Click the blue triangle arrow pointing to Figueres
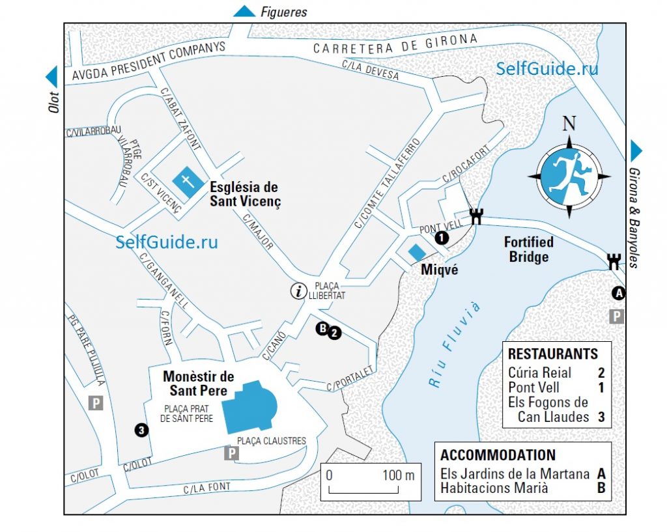pos(245,10)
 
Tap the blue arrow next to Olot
pos(51,77)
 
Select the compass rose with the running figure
pos(569,176)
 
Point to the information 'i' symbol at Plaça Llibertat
pos(299,291)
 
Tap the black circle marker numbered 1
pos(442,238)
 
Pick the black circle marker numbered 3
pos(141,430)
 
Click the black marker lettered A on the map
pos(619,294)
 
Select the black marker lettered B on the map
pos(322,329)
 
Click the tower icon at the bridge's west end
pos(477,217)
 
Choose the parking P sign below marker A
pos(616,316)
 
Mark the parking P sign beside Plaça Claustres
pos(231,453)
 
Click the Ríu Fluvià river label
pos(457,345)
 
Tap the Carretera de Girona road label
pos(395,44)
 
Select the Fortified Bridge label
pos(528,249)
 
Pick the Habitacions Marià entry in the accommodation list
pos(494,488)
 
